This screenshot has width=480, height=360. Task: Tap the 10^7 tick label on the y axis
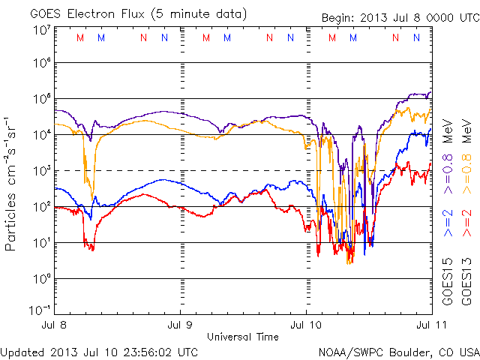click(41, 30)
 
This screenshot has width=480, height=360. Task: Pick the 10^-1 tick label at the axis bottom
click(40, 309)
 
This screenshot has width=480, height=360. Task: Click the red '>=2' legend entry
click(466, 223)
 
